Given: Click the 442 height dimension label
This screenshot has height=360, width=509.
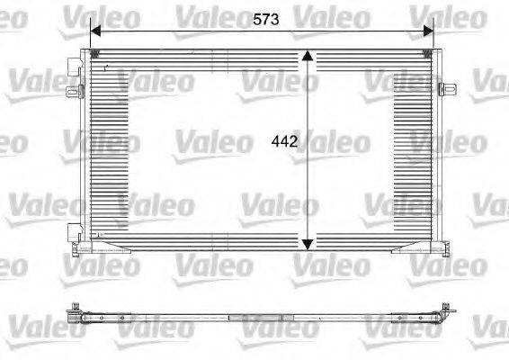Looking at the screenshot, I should pyautogui.click(x=283, y=141).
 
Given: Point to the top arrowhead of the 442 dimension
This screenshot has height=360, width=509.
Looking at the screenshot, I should pyautogui.click(x=308, y=57).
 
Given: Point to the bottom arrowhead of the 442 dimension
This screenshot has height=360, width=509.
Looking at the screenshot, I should pyautogui.click(x=308, y=243).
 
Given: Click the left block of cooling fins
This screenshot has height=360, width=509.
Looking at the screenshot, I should pyautogui.click(x=110, y=148).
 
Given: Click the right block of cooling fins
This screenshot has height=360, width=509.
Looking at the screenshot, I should pyautogui.click(x=415, y=148).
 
